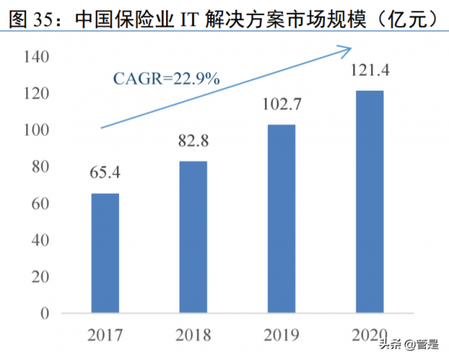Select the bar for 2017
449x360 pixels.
coord(106,252)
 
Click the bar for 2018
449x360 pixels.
coord(194,237)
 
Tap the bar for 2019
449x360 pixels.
coord(281,218)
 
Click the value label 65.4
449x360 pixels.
coord(106,174)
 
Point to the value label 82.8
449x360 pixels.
coord(194,142)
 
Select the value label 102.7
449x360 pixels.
coord(282,106)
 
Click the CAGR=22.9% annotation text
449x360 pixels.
coord(166,77)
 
